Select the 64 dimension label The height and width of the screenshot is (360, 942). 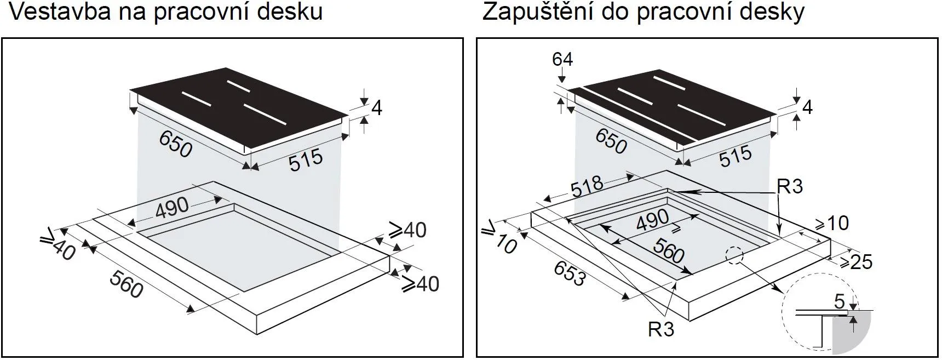pos(562,59)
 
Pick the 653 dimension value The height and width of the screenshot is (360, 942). pos(569,273)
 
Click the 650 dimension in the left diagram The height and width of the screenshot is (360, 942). pos(176,144)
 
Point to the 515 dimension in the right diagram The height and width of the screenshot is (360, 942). pos(736,156)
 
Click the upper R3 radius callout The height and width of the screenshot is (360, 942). pos(789,187)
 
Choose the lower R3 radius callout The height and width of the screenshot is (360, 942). pos(661,329)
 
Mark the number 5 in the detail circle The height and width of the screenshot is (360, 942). pos(839,301)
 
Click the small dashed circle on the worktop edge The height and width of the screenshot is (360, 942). pos(734,255)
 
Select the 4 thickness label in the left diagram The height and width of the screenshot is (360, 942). pos(376,108)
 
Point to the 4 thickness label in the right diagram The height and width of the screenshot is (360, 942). pos(807,107)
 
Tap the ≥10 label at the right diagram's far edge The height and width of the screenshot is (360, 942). pos(832,222)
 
